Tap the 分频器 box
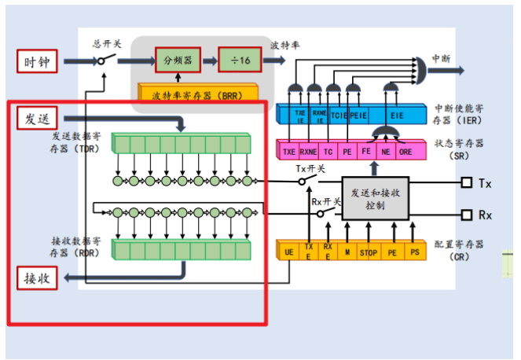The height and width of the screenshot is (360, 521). [177, 60]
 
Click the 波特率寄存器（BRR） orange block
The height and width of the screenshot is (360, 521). [197, 95]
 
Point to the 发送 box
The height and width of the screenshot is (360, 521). [36, 119]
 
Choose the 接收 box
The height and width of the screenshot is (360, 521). [36, 278]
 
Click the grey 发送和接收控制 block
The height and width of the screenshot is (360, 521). [375, 199]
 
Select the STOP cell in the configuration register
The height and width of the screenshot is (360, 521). [368, 253]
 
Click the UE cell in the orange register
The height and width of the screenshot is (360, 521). [289, 253]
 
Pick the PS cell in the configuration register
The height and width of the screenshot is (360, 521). [415, 253]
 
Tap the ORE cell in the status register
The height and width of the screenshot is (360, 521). [406, 150]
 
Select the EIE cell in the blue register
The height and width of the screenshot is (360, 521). [396, 115]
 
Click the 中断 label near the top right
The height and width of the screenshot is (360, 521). [442, 60]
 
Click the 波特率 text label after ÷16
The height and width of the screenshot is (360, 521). [284, 44]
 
